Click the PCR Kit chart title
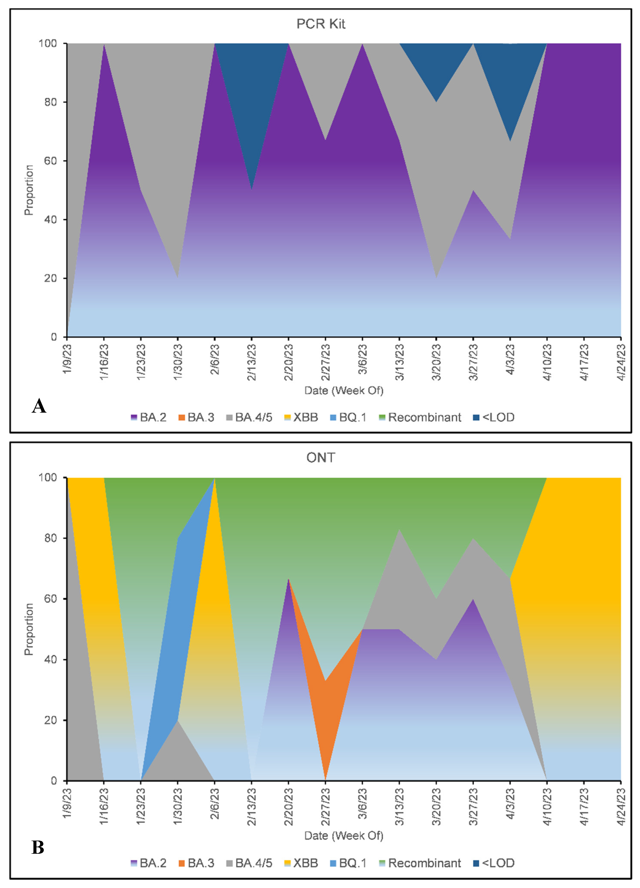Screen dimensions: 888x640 pos(320,24)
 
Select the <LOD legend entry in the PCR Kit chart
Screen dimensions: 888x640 pos(494,417)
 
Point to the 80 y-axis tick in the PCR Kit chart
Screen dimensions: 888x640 pos(50,102)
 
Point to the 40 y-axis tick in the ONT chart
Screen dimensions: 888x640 pos(50,659)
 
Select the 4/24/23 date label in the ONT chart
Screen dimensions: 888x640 pos(621,807)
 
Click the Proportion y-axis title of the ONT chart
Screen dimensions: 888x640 pos(29,629)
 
